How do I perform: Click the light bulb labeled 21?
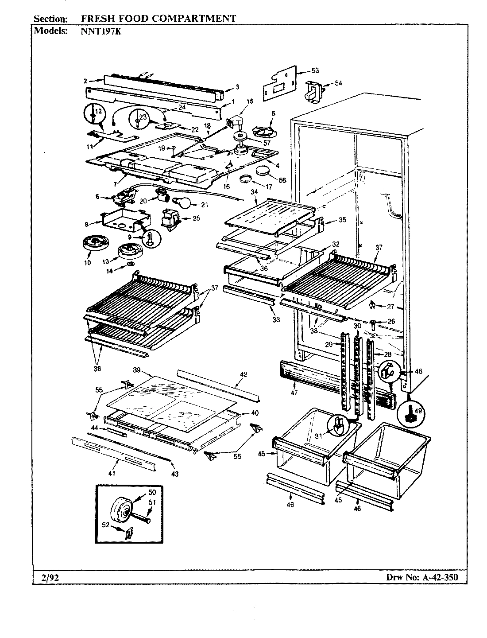(x=182, y=203)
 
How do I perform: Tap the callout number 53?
(x=315, y=70)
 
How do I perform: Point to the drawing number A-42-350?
(x=437, y=577)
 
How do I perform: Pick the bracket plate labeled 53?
(x=278, y=84)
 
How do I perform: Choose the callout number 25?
(x=197, y=218)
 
